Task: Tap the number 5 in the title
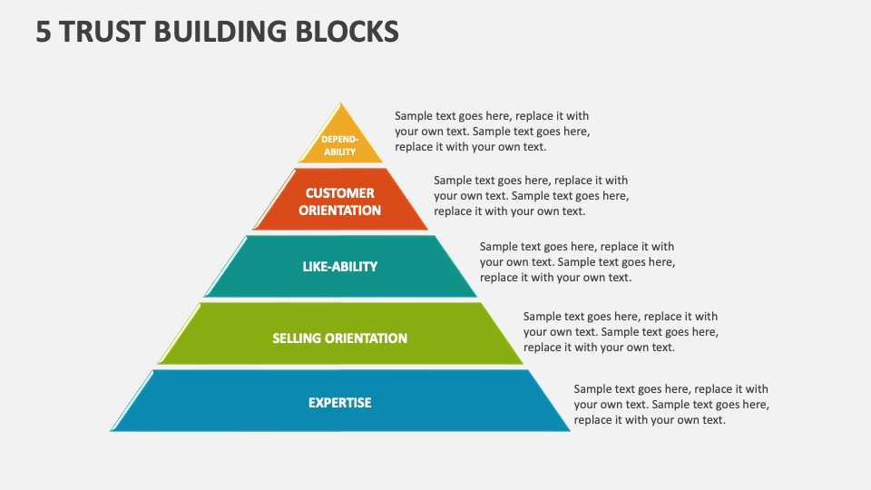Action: [44, 32]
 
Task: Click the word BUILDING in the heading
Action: [220, 32]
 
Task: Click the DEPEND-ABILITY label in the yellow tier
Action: [340, 145]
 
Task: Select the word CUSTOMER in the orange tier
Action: [340, 193]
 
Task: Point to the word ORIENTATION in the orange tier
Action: [340, 211]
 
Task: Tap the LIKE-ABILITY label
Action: [340, 267]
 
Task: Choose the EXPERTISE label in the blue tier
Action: [340, 403]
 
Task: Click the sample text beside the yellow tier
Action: [492, 132]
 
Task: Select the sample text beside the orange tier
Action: [531, 196]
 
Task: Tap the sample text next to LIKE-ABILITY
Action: [577, 262]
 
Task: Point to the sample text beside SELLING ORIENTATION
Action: [621, 332]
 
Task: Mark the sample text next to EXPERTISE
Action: [671, 405]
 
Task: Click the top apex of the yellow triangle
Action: [340, 103]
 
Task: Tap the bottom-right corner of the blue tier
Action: [570, 430]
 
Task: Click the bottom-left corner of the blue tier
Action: [111, 430]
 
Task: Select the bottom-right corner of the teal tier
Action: [477, 297]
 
